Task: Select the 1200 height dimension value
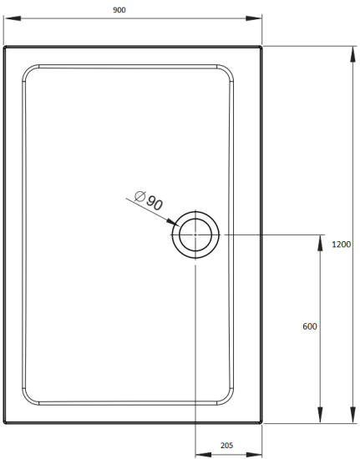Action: [x=341, y=245]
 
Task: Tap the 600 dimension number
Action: [x=309, y=326]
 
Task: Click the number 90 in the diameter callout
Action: [x=155, y=202]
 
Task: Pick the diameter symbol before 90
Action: [x=140, y=197]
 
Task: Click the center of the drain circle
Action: [x=195, y=235]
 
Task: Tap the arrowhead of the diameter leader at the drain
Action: [x=173, y=224]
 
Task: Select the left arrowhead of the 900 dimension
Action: [x=8, y=19]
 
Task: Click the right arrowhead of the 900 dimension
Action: [x=258, y=19]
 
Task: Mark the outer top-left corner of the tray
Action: [x=3, y=47]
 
